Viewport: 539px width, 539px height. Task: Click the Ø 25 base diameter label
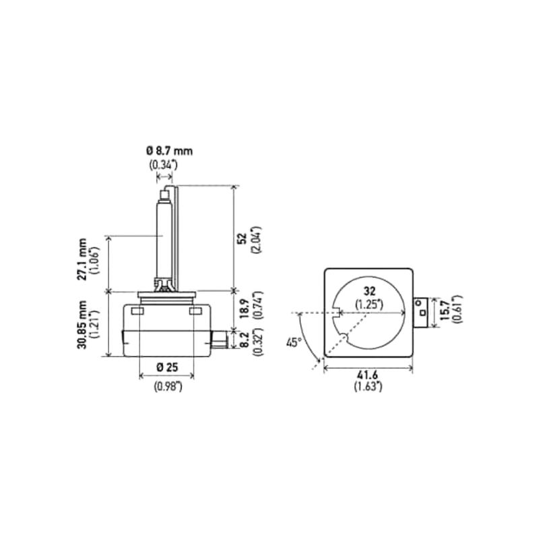coord(166,367)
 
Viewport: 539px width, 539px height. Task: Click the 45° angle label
coord(294,343)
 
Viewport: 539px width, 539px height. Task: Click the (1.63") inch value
coord(368,387)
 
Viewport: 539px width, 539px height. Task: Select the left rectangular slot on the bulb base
coord(136,311)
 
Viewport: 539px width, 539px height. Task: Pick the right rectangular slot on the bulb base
coord(196,311)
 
